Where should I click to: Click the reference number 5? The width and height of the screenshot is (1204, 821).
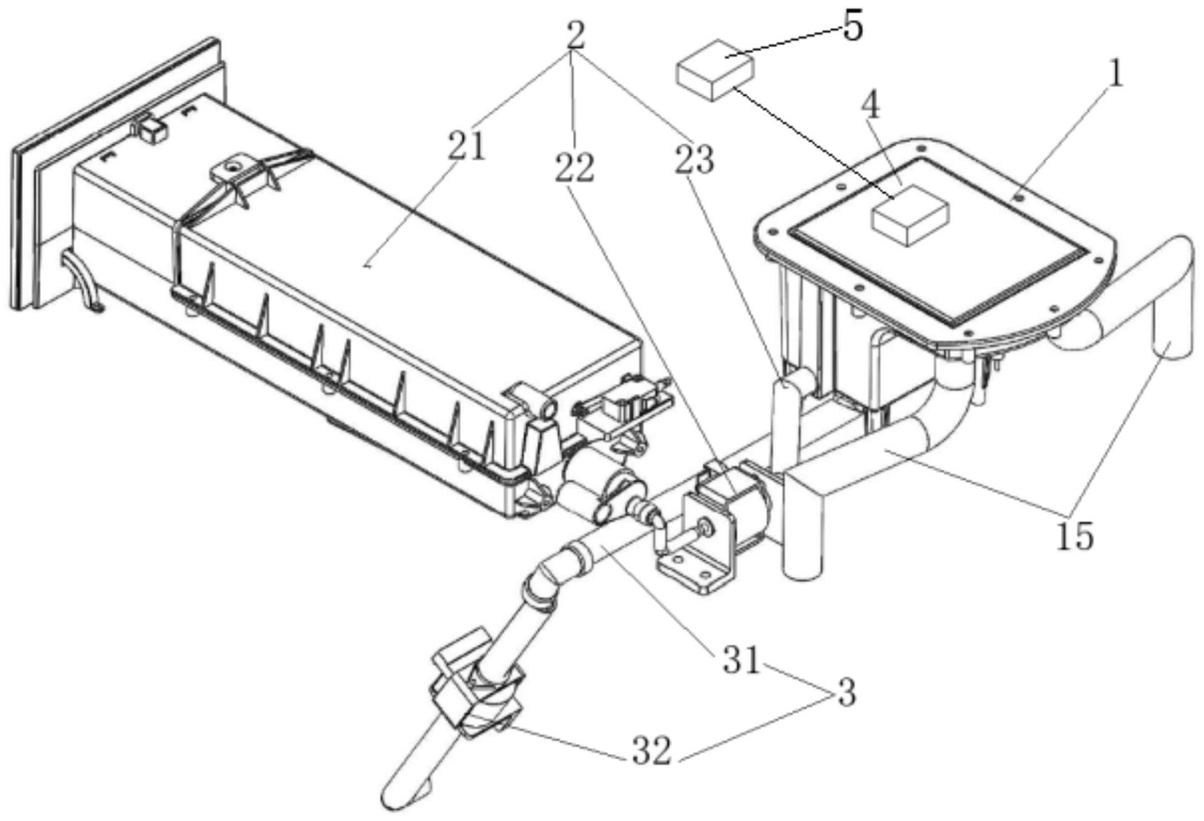click(853, 27)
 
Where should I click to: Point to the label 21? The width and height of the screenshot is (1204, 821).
click(467, 147)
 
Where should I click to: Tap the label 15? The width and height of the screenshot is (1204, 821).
click(1075, 536)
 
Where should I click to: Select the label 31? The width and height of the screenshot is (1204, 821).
click(741, 660)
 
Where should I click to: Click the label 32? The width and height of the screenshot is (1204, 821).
click(651, 751)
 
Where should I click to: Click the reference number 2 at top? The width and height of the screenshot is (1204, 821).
click(575, 37)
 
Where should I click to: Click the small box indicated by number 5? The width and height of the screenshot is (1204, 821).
click(714, 69)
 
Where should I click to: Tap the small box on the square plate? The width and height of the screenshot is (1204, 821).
click(910, 215)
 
